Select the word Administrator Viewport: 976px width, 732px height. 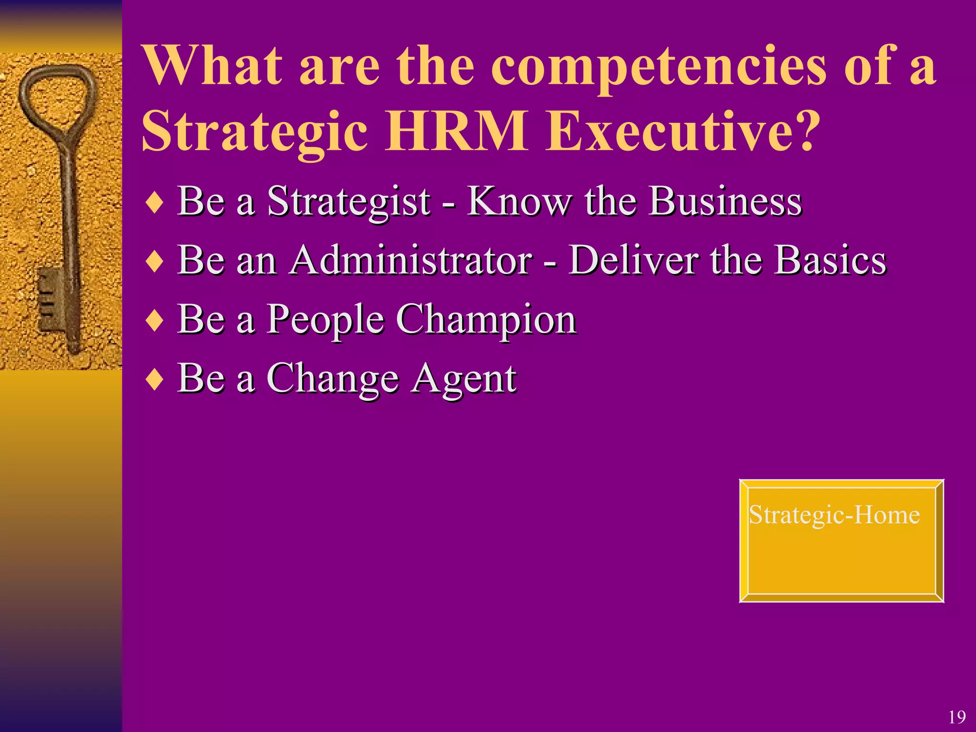[411, 261]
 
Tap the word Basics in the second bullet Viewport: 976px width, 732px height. [830, 261]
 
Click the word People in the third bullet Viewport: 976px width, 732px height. [325, 320]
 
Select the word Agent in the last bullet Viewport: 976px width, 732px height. [464, 380]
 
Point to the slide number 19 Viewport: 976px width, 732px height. [957, 717]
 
